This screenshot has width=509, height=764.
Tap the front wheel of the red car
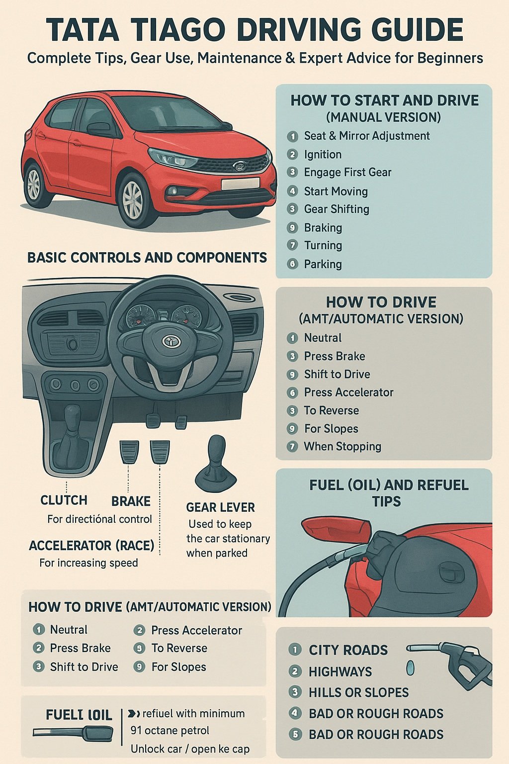coord(133,199)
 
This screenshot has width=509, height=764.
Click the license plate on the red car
coord(240,184)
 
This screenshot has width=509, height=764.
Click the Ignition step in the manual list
coord(323,154)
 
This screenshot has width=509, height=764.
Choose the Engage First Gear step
coord(347,173)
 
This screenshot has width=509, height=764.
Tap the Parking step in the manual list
coord(323,264)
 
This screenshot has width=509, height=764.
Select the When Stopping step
coord(342,447)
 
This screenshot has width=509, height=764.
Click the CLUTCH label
coord(64,500)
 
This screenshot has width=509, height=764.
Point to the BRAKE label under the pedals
coord(131,501)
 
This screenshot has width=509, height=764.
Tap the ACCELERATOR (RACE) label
coord(91,546)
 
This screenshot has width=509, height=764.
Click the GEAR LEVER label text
coord(220,507)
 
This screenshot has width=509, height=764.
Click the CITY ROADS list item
coord(348,650)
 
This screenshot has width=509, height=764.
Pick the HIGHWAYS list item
coord(340,671)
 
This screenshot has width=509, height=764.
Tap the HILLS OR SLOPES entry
coord(358,692)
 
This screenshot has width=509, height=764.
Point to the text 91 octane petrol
coord(170,731)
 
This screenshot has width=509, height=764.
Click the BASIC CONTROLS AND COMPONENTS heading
coord(147,258)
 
